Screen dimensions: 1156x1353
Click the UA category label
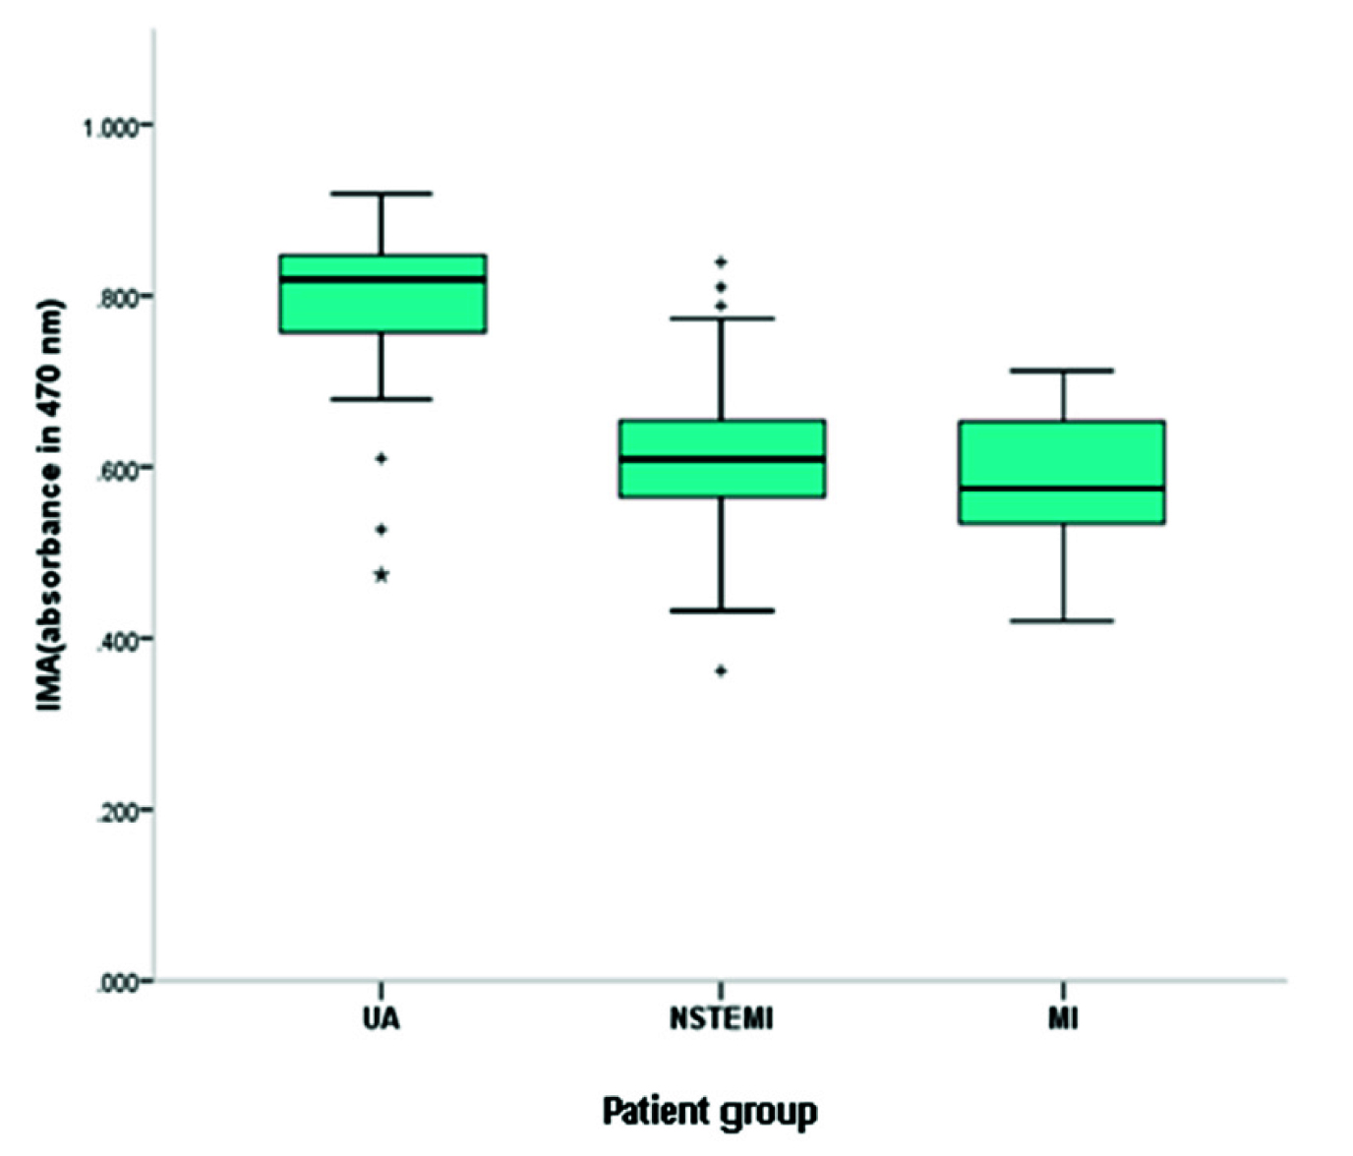(381, 1018)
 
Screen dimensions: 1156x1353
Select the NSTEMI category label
(721, 1018)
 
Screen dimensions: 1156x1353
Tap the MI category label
(1063, 1018)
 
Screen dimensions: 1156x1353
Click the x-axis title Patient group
(709, 1112)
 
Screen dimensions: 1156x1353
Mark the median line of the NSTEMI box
(722, 459)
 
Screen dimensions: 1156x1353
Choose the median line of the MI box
(1063, 488)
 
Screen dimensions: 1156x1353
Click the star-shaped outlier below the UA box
(382, 575)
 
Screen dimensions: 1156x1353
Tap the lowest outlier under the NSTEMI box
(721, 671)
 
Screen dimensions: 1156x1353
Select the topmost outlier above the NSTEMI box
(721, 262)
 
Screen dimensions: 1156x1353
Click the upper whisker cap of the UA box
(382, 194)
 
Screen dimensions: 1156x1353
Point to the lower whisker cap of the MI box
(1063, 621)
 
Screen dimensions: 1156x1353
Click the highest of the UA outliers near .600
(382, 458)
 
